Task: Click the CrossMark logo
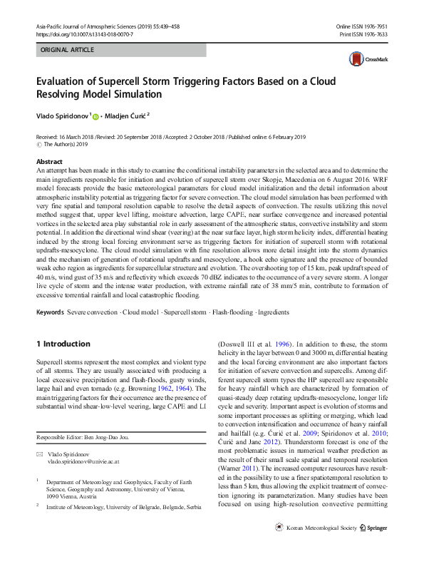click(x=363, y=59)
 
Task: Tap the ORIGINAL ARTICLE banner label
click(x=68, y=50)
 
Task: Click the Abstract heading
click(x=49, y=163)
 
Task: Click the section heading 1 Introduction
click(x=63, y=344)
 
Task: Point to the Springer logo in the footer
click(x=373, y=548)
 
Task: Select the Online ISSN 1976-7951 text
click(x=362, y=26)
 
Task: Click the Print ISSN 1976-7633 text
click(x=364, y=34)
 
